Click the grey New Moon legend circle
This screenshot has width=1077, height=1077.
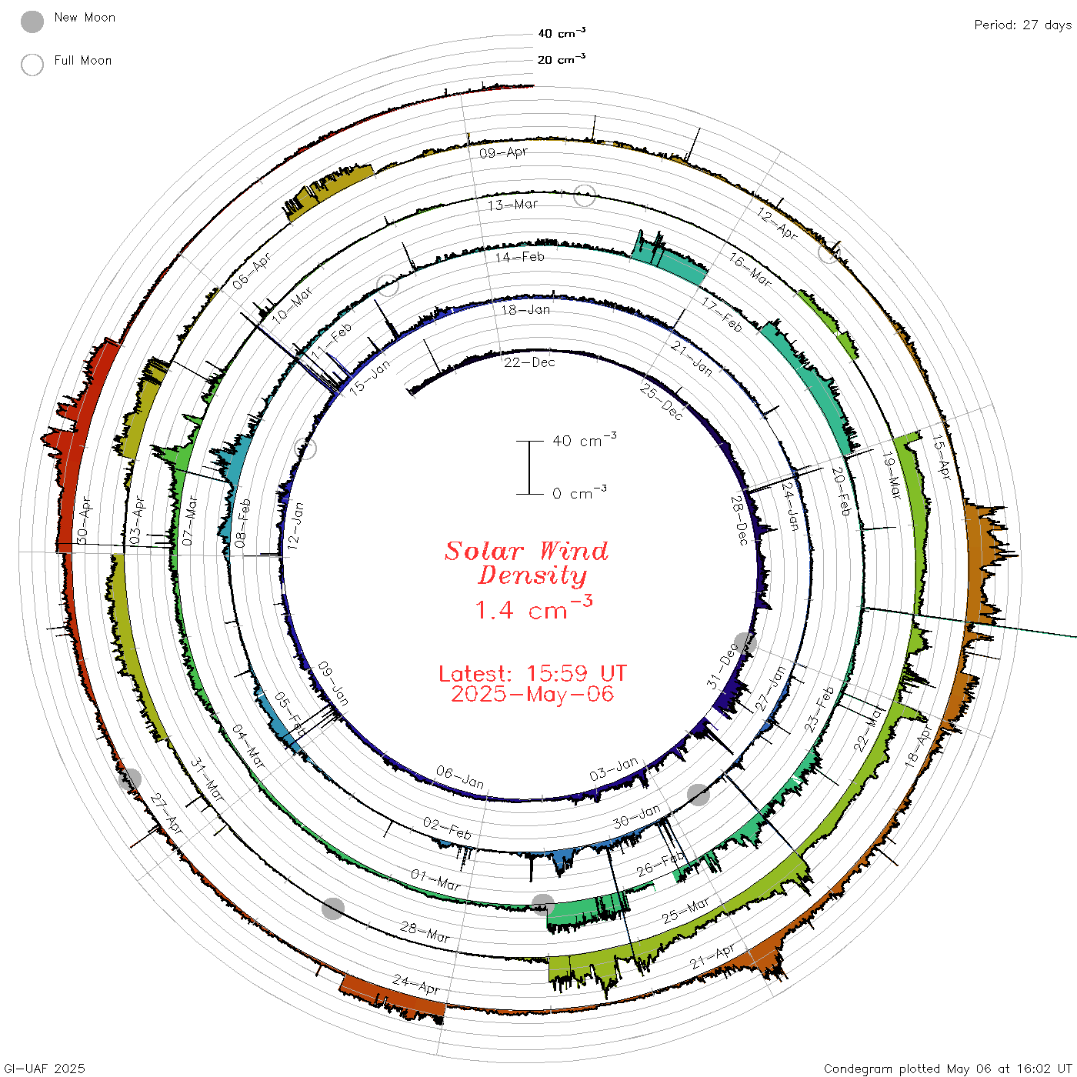(x=32, y=22)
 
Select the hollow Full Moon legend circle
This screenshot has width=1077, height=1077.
(x=32, y=65)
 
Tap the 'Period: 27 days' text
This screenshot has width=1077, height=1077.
(x=1023, y=25)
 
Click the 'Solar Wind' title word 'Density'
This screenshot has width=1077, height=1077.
(x=532, y=575)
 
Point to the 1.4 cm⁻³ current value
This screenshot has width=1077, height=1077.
(x=533, y=609)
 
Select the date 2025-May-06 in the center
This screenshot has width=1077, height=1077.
(x=532, y=694)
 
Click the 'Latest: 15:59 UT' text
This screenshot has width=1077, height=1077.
(x=532, y=673)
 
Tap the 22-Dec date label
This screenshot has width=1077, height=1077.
(x=529, y=362)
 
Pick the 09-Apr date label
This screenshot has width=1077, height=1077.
(x=504, y=152)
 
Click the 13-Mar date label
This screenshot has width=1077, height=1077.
(x=512, y=205)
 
